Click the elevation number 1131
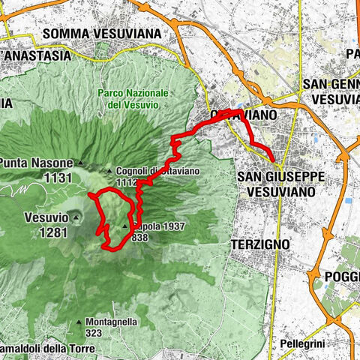pyautogui.click(x=58, y=178)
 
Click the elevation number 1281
pyautogui.click(x=54, y=232)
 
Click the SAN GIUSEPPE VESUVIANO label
pyautogui.click(x=281, y=183)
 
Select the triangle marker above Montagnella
pyautogui.click(x=78, y=322)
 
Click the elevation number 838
pyautogui.click(x=139, y=237)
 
